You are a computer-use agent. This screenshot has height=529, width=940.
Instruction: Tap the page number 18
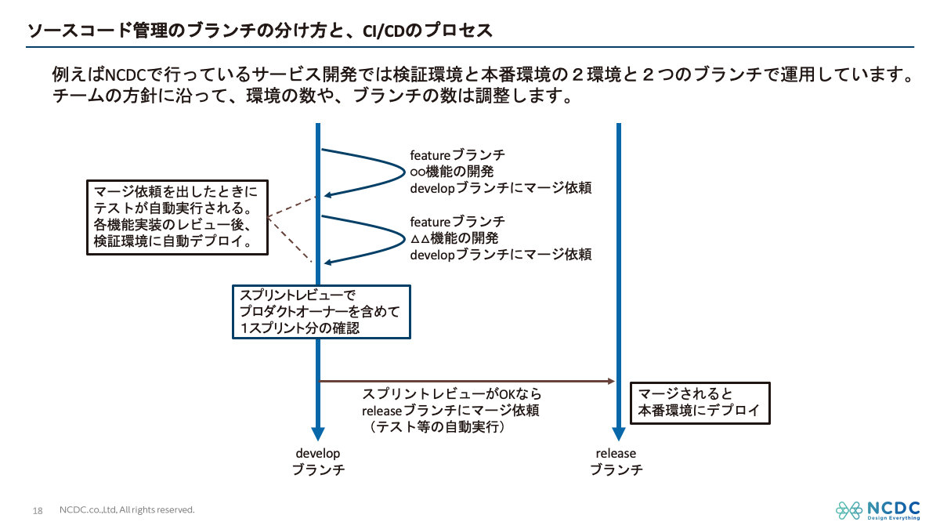38,511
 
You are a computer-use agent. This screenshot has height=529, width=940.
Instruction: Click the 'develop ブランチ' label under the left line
318,462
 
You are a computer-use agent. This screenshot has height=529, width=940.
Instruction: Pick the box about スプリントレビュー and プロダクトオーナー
321,312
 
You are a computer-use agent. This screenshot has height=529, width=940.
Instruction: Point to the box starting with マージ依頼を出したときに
176,217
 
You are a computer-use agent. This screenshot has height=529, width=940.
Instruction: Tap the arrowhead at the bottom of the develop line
318,434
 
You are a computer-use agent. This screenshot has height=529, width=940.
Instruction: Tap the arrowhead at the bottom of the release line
619,434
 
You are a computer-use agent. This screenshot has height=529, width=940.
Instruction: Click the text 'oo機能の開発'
452,171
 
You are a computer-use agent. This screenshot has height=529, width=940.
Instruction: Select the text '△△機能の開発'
454,237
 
